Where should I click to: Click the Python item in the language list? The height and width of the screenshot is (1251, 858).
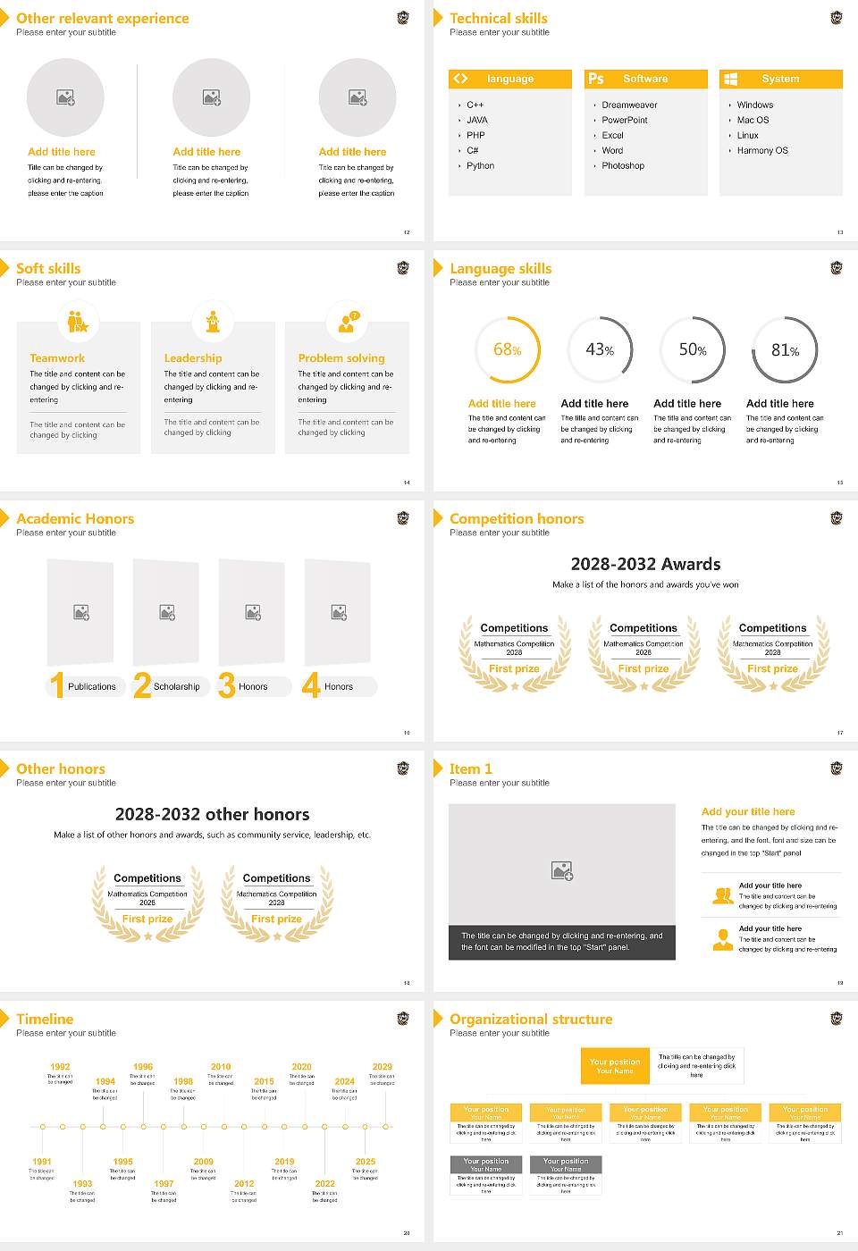(480, 166)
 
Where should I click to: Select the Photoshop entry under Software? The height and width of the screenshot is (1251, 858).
(623, 166)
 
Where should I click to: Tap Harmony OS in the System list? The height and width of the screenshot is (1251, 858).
(761, 151)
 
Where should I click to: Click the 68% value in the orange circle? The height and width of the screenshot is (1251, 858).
(507, 350)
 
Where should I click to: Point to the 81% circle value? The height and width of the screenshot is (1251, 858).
(785, 350)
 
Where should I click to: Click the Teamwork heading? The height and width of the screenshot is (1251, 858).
(57, 358)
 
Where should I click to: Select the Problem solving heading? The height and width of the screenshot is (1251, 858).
(341, 358)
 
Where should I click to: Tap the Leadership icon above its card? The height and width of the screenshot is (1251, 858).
(213, 322)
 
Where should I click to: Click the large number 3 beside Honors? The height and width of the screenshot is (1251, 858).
(226, 685)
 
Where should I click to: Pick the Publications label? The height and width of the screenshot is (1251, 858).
(91, 687)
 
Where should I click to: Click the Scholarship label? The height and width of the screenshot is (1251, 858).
(176, 687)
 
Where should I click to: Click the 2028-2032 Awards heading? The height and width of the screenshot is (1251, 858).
(645, 564)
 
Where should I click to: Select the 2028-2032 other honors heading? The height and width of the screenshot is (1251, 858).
(212, 814)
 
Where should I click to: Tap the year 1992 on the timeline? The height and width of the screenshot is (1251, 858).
(60, 1067)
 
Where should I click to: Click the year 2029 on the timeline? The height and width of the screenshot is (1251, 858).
(382, 1067)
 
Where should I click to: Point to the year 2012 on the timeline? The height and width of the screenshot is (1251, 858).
(244, 1184)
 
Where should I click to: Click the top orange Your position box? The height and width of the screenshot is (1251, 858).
(615, 1066)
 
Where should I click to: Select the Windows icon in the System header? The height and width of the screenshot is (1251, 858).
(730, 79)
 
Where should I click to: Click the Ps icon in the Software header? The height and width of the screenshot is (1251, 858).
(596, 79)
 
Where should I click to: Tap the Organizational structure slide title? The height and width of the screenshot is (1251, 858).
(531, 1020)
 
